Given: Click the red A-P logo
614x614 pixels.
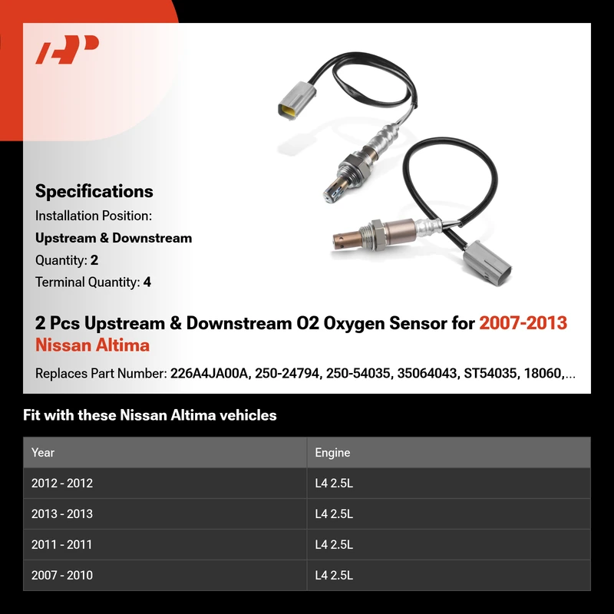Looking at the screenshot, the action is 68,49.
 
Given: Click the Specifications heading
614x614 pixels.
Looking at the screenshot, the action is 94,191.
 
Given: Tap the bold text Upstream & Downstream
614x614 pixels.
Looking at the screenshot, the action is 114,238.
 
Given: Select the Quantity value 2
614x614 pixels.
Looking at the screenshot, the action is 94,260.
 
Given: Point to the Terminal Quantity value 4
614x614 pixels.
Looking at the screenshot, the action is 147,282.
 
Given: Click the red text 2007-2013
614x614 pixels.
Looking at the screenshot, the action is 523,323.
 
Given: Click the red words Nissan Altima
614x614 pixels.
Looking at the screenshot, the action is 92,345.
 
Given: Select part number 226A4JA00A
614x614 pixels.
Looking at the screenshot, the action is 210,374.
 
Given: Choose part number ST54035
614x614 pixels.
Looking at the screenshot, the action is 490,374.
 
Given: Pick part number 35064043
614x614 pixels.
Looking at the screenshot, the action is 427,374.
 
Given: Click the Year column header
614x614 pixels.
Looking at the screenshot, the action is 43,453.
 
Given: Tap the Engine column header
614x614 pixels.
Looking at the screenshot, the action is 332,453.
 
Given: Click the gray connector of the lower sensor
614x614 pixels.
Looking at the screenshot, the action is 488,262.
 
